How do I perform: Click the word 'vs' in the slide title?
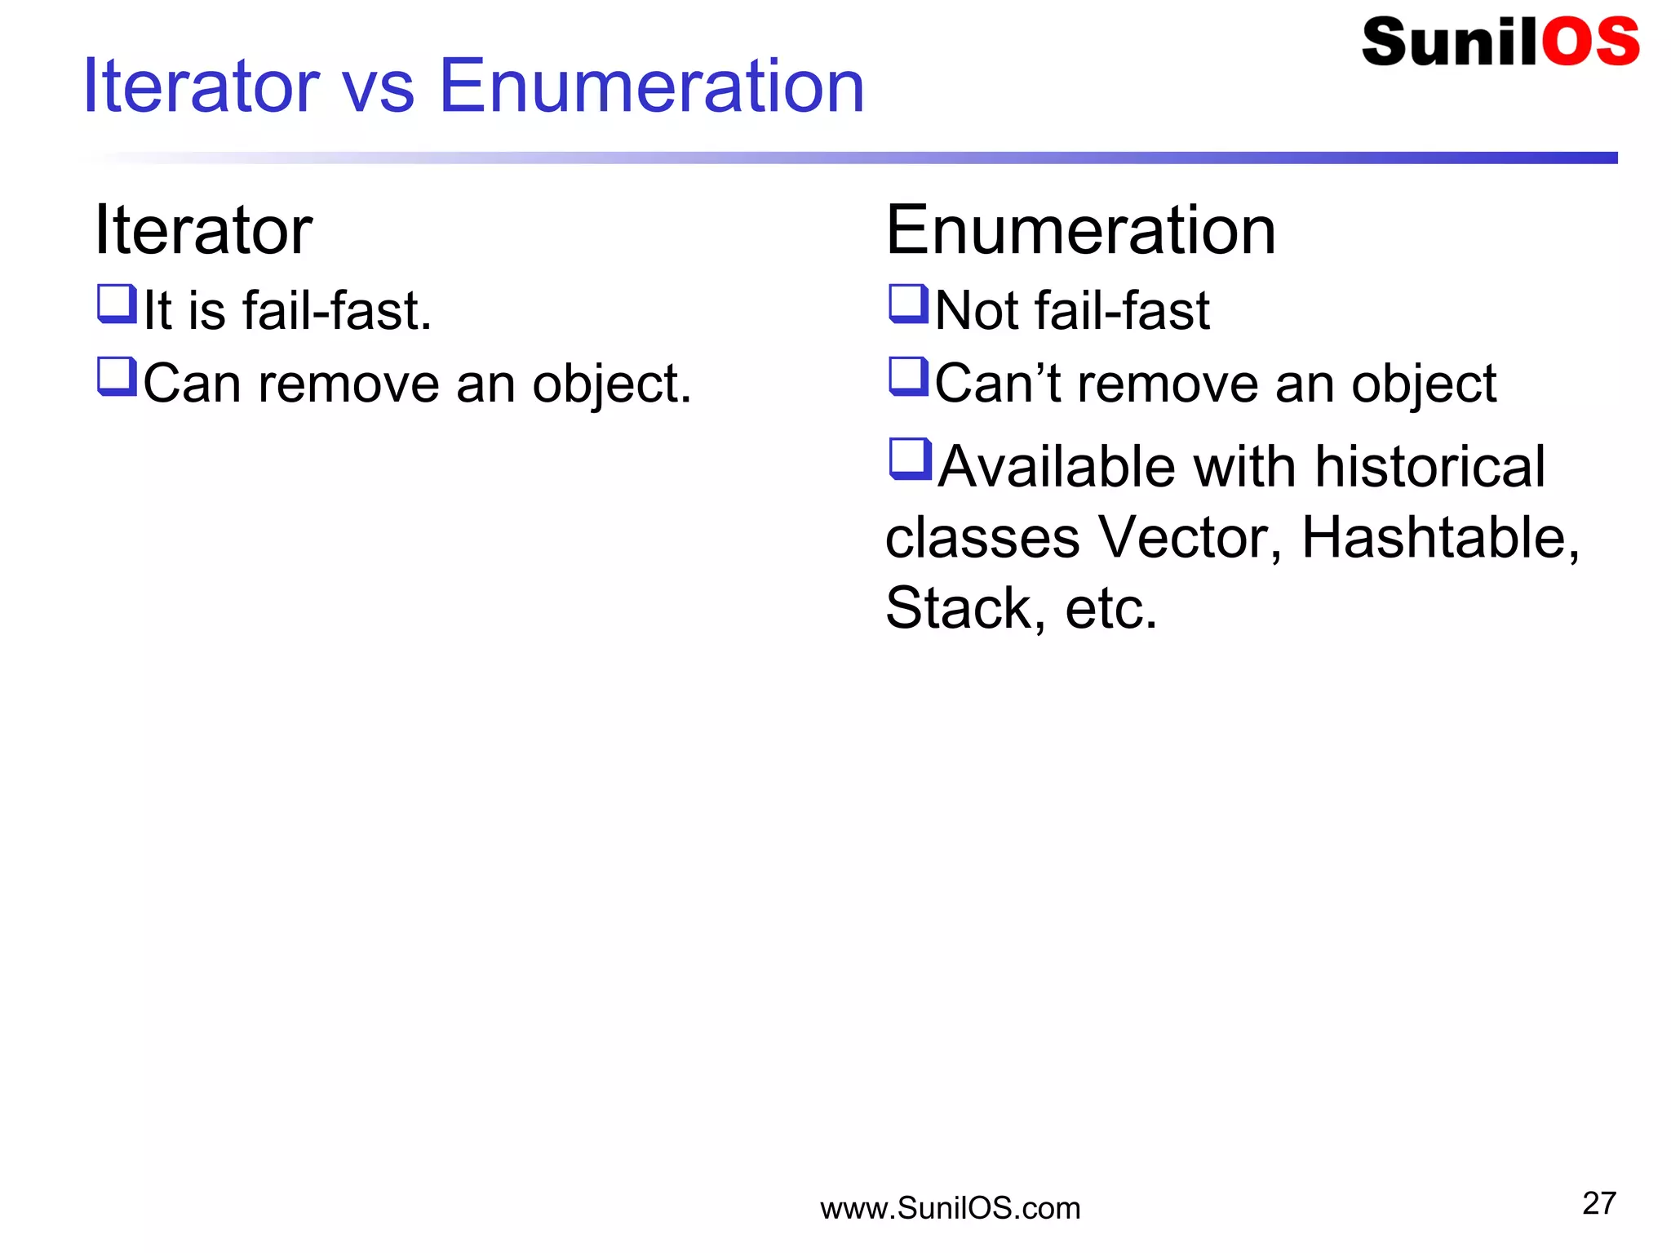[378, 88]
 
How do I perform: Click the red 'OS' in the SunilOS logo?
[1589, 42]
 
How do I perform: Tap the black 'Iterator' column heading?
[203, 230]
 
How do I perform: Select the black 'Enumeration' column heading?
[1080, 230]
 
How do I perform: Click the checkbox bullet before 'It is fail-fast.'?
[116, 304]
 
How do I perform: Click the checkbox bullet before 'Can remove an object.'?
[116, 376]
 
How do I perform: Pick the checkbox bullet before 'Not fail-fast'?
[907, 304]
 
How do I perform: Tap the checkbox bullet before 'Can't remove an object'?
[907, 376]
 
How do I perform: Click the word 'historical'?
[1429, 467]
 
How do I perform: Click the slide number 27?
[1598, 1203]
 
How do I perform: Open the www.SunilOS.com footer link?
[950, 1208]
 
